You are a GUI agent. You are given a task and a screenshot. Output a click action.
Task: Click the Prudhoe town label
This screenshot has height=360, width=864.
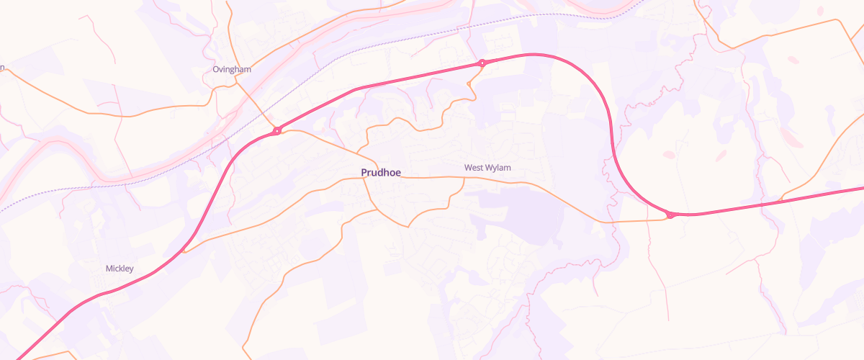pyautogui.click(x=381, y=173)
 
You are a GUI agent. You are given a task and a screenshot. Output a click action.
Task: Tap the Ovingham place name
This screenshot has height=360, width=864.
pyautogui.click(x=232, y=69)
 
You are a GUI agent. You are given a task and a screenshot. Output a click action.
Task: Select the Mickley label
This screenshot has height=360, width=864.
pyautogui.click(x=120, y=269)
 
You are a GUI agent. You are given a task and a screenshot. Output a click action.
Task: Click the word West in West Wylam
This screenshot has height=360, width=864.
pyautogui.click(x=474, y=168)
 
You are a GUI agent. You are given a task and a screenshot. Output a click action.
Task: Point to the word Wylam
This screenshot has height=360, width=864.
pyautogui.click(x=498, y=168)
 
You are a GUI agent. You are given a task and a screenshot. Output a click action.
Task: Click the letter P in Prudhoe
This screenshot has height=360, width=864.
pyautogui.click(x=364, y=173)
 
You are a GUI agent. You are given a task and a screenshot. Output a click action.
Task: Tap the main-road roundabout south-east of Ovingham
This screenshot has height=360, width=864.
pyautogui.click(x=276, y=131)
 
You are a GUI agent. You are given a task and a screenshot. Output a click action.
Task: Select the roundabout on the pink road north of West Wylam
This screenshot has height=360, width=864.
pyautogui.click(x=482, y=63)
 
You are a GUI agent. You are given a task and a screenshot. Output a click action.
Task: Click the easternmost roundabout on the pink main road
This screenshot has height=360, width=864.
pyautogui.click(x=670, y=215)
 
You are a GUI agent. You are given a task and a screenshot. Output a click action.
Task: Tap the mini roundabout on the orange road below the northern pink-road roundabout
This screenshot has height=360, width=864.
pyautogui.click(x=469, y=84)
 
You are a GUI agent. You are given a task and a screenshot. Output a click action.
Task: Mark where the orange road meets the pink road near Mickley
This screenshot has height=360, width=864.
pyautogui.click(x=184, y=251)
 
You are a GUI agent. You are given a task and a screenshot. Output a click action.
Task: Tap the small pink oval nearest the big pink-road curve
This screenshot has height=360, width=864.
pyautogui.click(x=669, y=154)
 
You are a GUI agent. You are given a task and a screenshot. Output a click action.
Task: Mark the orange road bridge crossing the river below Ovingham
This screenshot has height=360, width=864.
pyautogui.click(x=256, y=108)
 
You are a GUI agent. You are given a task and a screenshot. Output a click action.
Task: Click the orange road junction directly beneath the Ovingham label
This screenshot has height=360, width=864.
pyautogui.click(x=235, y=82)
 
